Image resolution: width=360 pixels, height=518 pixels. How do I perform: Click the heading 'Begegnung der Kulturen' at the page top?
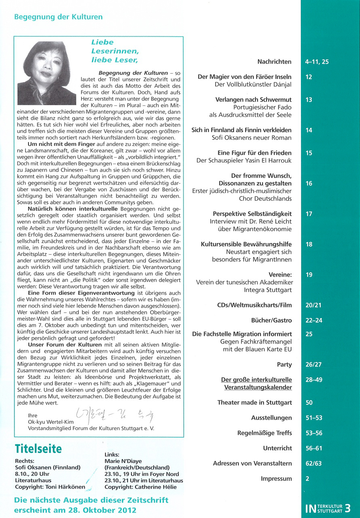click(x=58, y=17)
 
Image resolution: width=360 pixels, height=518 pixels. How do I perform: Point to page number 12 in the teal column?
click(x=309, y=77)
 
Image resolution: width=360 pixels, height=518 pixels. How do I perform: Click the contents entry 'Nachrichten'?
click(x=274, y=62)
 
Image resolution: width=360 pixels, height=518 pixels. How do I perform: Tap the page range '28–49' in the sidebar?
click(x=314, y=380)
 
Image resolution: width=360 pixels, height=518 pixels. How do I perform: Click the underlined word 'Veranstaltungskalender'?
click(x=258, y=387)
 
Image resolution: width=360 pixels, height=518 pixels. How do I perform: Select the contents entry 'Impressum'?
click(x=276, y=479)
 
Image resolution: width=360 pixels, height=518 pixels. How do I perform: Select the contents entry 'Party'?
click(x=284, y=365)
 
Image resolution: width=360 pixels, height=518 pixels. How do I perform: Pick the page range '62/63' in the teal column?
click(x=314, y=463)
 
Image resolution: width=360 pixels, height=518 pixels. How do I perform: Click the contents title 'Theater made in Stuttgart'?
click(x=254, y=403)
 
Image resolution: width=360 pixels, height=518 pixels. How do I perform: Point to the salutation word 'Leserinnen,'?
click(x=109, y=51)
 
